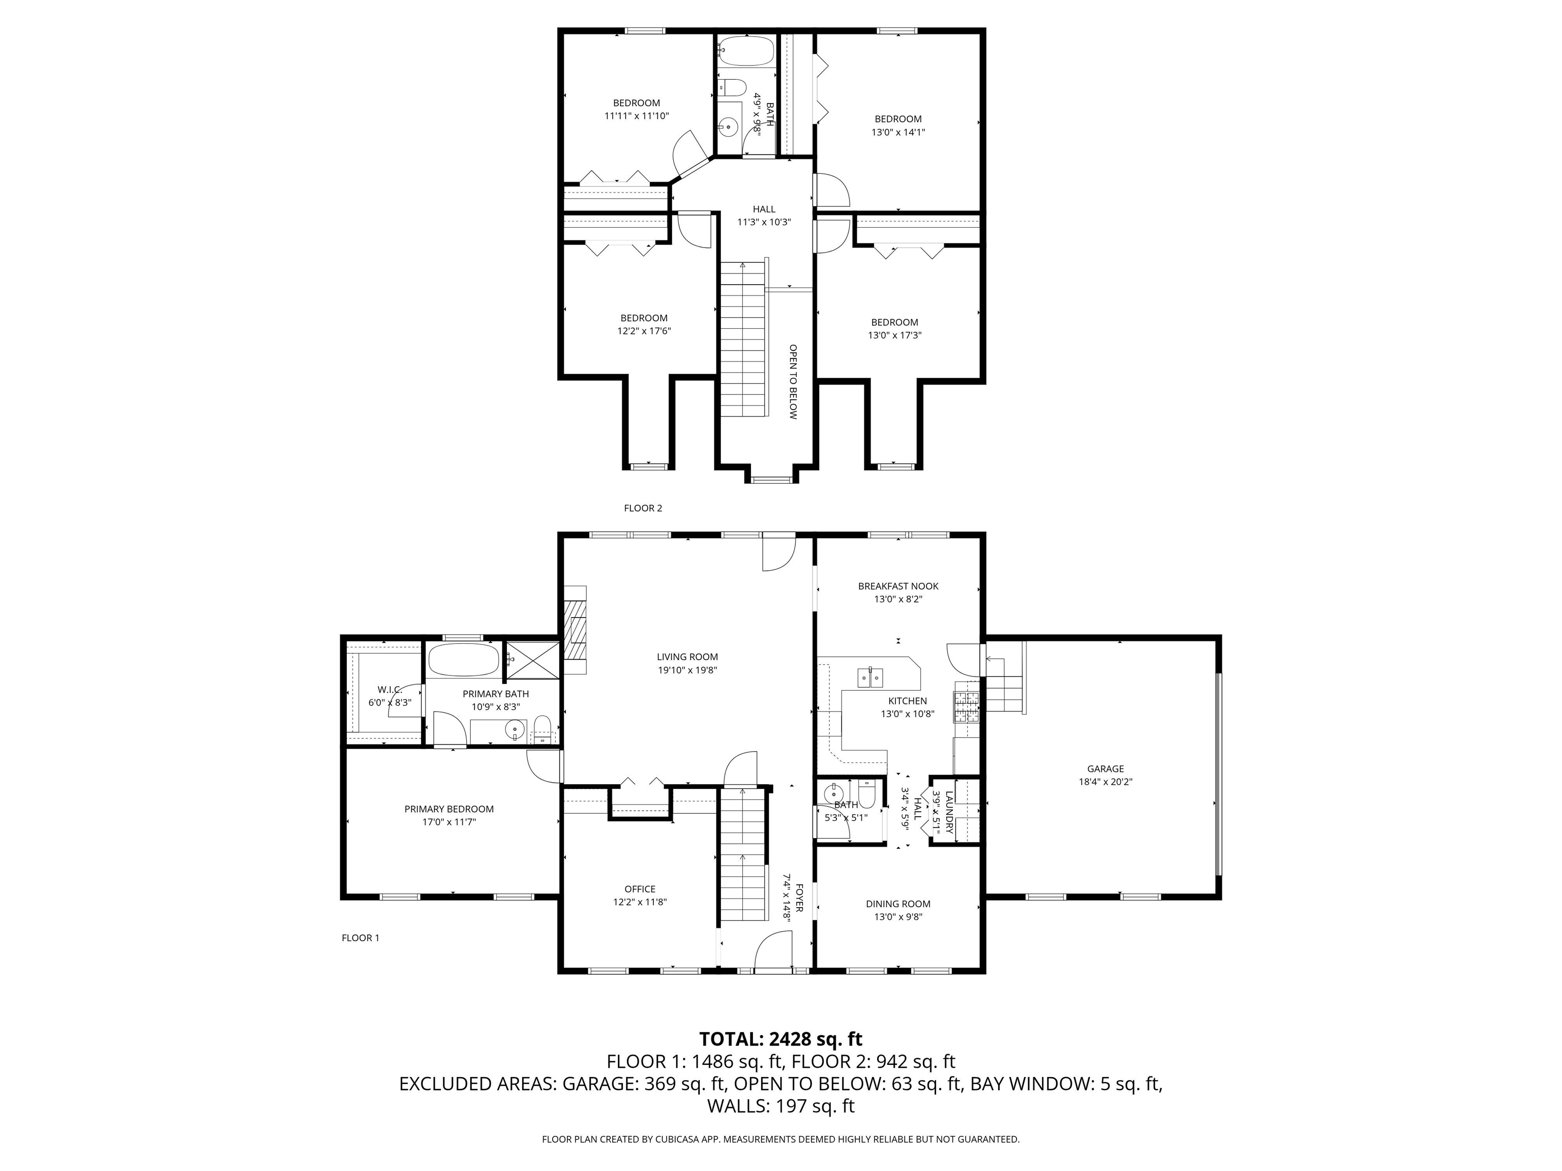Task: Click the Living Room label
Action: (687, 657)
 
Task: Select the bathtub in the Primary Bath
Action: (463, 660)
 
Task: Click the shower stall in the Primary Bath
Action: (533, 660)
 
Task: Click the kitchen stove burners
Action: (967, 708)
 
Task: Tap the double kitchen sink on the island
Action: (870, 677)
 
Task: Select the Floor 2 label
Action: (643, 508)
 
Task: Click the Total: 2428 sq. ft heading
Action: (780, 1039)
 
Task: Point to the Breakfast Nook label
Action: (898, 587)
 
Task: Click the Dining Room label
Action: (898, 904)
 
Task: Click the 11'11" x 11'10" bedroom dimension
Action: (636, 116)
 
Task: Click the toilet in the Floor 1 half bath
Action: (866, 795)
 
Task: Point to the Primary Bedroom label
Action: (449, 810)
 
